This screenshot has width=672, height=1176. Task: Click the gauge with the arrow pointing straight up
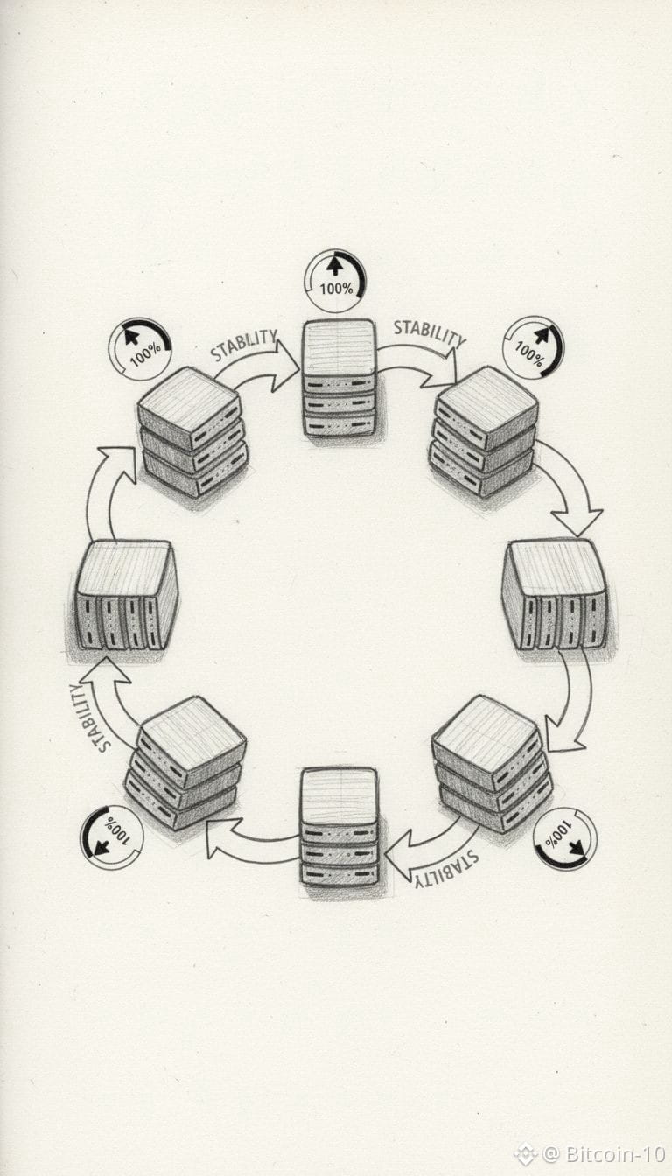(x=335, y=281)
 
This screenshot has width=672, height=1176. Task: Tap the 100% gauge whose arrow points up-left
(x=140, y=348)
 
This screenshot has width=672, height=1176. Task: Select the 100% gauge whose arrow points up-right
(x=533, y=347)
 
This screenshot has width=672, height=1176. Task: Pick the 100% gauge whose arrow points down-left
(x=111, y=837)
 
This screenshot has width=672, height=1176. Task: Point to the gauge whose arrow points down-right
(x=564, y=838)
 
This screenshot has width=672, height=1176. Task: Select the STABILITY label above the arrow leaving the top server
(x=428, y=332)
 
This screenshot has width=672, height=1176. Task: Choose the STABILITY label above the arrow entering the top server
(x=244, y=344)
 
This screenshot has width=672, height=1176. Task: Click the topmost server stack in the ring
(x=339, y=377)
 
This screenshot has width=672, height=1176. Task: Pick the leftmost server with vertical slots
(x=126, y=595)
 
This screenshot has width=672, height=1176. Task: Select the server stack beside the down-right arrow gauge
(x=491, y=763)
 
